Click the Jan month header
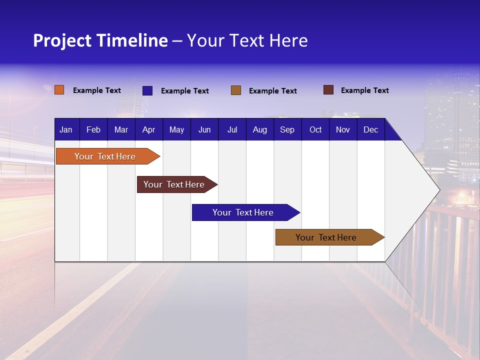(66, 129)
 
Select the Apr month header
(148, 129)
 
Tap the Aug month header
(259, 129)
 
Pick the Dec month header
(370, 129)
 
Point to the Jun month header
(204, 129)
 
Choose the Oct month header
(315, 129)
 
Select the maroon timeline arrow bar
(175, 184)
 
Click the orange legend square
(59, 90)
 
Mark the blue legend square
(147, 90)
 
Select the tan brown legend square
(235, 90)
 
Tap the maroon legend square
(328, 90)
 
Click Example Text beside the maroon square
(364, 90)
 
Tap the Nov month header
(342, 129)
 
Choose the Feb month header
(93, 129)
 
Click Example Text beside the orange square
(96, 90)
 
